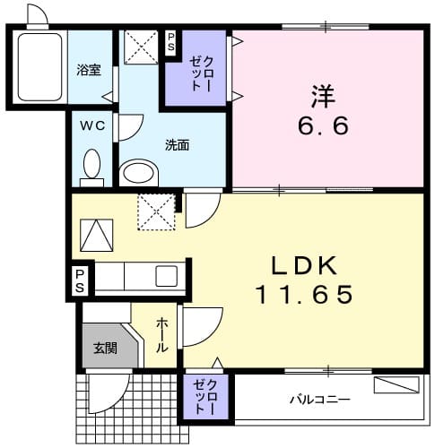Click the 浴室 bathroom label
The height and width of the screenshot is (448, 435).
coord(87,68)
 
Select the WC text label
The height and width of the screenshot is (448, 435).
coord(94,126)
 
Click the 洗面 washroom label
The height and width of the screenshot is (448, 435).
coord(176,144)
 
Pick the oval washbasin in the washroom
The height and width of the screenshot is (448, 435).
coord(138,171)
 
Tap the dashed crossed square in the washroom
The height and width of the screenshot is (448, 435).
coord(140,46)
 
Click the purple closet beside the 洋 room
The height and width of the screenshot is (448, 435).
coord(196,68)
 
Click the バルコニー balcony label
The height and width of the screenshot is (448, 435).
coord(319,399)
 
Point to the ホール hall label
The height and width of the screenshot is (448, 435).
coord(162,334)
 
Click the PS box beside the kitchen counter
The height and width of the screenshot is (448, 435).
coord(81,280)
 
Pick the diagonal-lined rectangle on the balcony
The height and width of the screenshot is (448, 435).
coord(396,386)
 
